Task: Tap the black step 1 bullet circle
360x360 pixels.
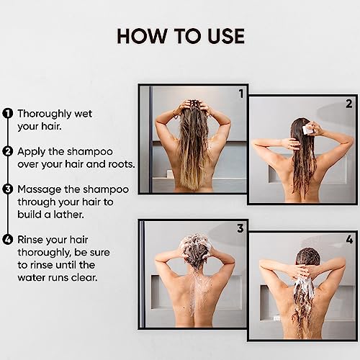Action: click(x=8, y=114)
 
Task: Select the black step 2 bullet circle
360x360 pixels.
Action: click(x=8, y=151)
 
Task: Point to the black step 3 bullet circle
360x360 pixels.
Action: click(x=8, y=189)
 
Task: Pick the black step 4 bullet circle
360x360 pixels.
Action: click(x=8, y=240)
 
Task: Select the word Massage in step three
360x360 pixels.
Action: click(x=40, y=190)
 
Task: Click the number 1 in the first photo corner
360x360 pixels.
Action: click(x=241, y=94)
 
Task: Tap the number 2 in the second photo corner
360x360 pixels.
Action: click(x=349, y=104)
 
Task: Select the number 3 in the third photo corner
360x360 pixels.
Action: click(x=240, y=228)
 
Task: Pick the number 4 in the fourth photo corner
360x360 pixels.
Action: click(x=349, y=239)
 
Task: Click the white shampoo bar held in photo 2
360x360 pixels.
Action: click(x=307, y=130)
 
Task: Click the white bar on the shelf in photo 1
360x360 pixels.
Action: click(x=170, y=174)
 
